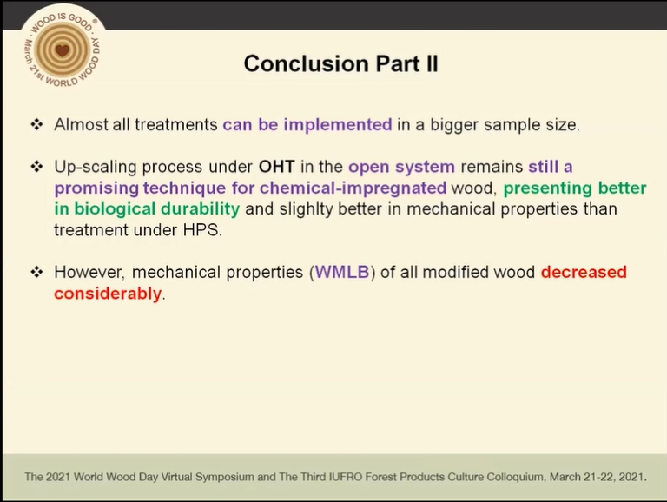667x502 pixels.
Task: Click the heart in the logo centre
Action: pyautogui.click(x=63, y=50)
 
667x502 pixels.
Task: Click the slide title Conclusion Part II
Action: pyautogui.click(x=340, y=63)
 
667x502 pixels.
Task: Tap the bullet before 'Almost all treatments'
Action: pyautogui.click(x=37, y=125)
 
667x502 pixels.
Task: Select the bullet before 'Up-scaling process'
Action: pyautogui.click(x=37, y=167)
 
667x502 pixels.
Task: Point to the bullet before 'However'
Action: pyautogui.click(x=37, y=272)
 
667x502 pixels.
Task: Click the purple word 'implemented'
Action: pyautogui.click(x=338, y=125)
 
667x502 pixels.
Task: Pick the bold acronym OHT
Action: pyautogui.click(x=276, y=167)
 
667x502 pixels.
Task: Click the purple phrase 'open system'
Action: pyautogui.click(x=401, y=167)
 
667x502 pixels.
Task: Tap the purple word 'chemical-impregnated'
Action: pyautogui.click(x=353, y=188)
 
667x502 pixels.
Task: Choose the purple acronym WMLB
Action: pyautogui.click(x=342, y=272)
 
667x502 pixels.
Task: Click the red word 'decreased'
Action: pyautogui.click(x=584, y=272)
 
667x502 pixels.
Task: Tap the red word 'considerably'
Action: pyautogui.click(x=108, y=294)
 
